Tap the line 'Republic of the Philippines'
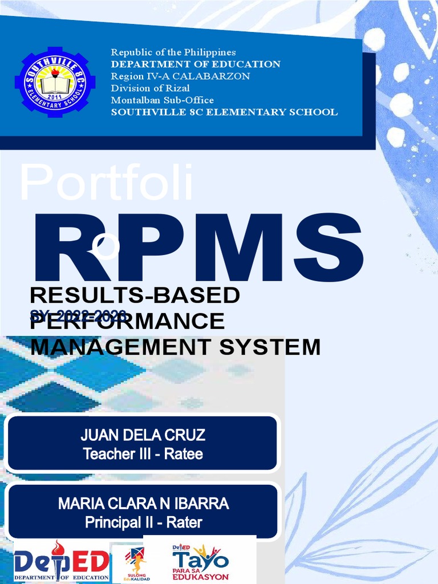pyautogui.click(x=173, y=52)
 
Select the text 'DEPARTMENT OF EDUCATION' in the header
pyautogui.click(x=196, y=64)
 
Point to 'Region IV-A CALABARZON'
pyautogui.click(x=180, y=76)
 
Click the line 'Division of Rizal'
pyautogui.click(x=150, y=88)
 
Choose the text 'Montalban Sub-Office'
pyautogui.click(x=163, y=100)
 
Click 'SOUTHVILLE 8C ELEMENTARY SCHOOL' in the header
pyautogui.click(x=224, y=112)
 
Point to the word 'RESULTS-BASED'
pyautogui.click(x=135, y=296)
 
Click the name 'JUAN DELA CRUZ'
pyautogui.click(x=143, y=436)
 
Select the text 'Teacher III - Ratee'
pyautogui.click(x=143, y=454)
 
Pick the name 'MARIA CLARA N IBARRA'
pyautogui.click(x=143, y=504)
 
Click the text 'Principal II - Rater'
pyautogui.click(x=143, y=522)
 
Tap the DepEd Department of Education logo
pyautogui.click(x=61, y=561)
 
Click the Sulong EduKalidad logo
pyautogui.click(x=135, y=562)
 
